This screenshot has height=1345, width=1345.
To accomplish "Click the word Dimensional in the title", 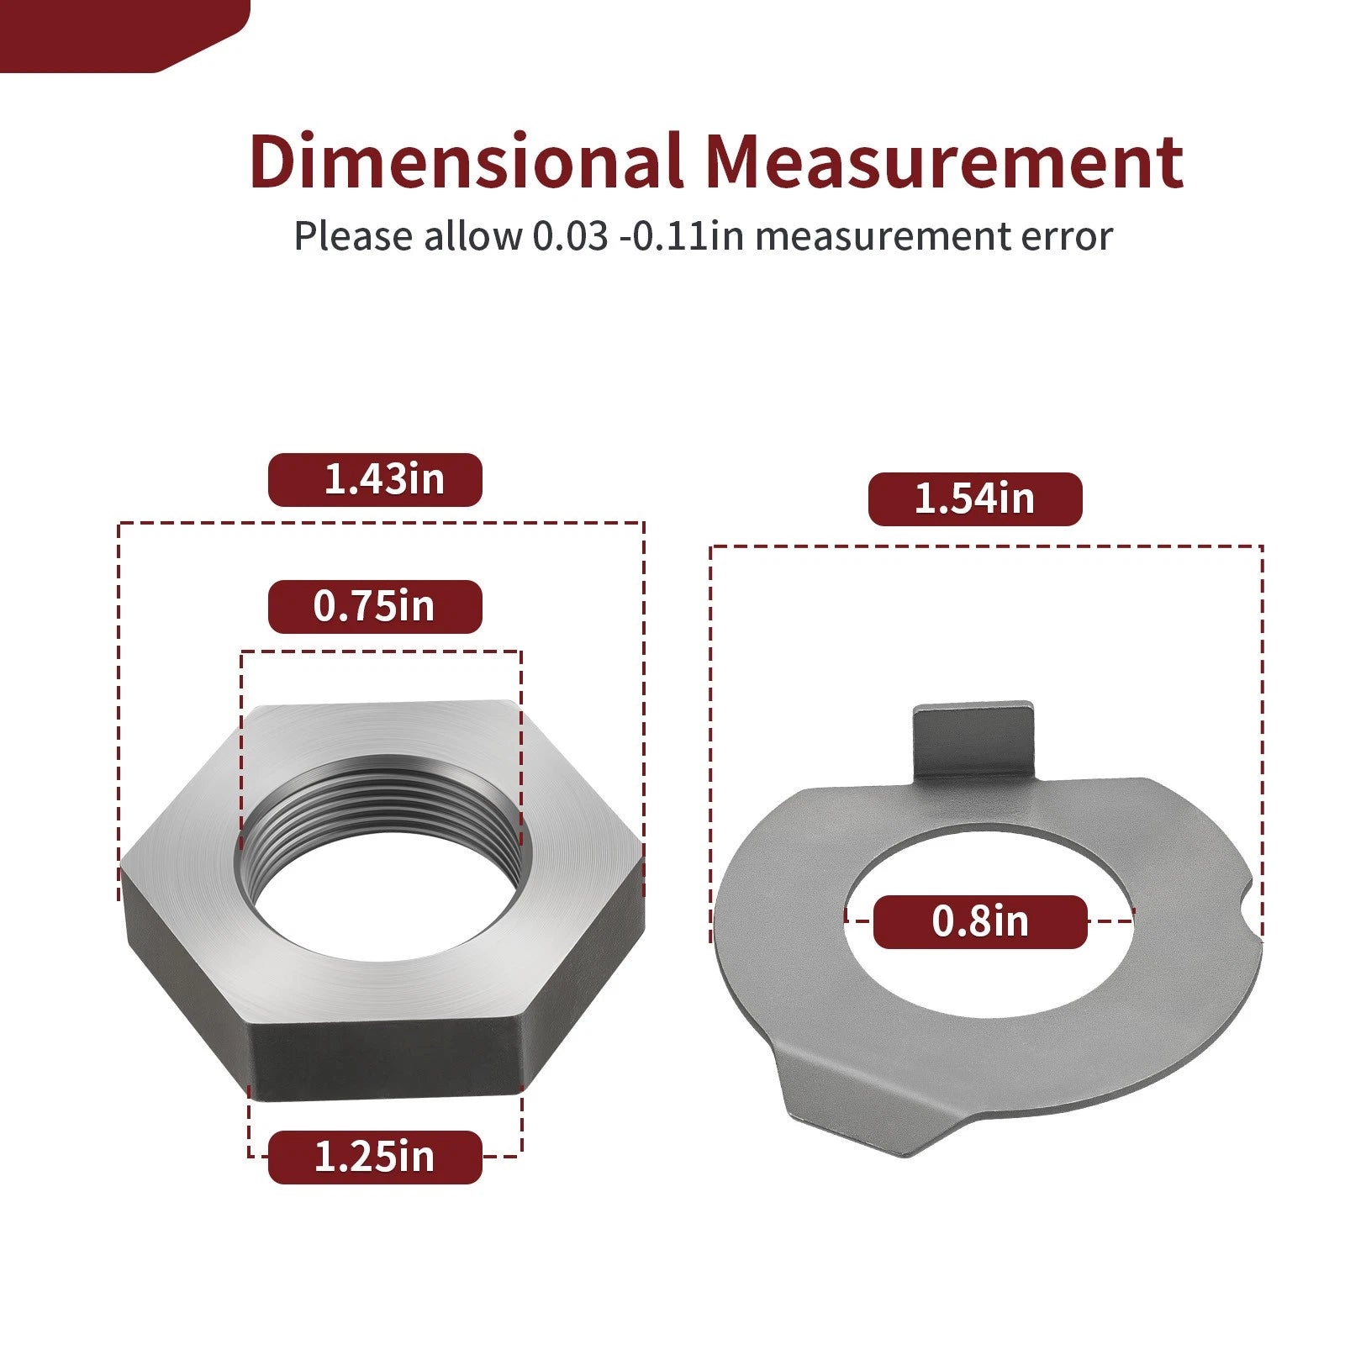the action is coord(466,161).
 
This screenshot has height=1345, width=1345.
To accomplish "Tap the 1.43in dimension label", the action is coord(375,480).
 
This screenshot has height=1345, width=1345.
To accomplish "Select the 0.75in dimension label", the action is coord(375,607).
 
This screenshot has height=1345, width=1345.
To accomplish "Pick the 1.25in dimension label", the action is coord(375,1158).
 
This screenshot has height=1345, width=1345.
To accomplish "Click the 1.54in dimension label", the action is coord(975,499).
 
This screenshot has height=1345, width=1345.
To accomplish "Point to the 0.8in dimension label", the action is coord(980,922).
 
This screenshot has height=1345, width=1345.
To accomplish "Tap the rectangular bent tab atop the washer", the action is coord(973,740).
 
